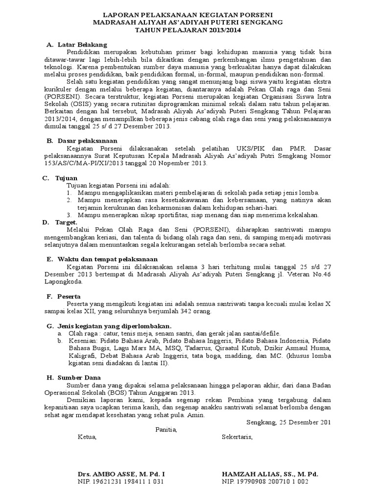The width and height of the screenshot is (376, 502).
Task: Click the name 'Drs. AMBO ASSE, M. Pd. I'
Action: (121, 475)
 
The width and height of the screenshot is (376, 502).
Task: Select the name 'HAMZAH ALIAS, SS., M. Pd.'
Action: (270, 475)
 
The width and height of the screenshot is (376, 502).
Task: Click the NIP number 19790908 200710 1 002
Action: (265, 482)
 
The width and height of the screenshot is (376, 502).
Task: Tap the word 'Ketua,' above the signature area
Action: (88, 437)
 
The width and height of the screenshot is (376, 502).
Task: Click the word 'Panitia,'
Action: (165, 429)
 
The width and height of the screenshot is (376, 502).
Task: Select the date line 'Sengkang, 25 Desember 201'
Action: (287, 422)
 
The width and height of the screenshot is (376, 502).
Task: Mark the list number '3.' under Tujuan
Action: (70, 215)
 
